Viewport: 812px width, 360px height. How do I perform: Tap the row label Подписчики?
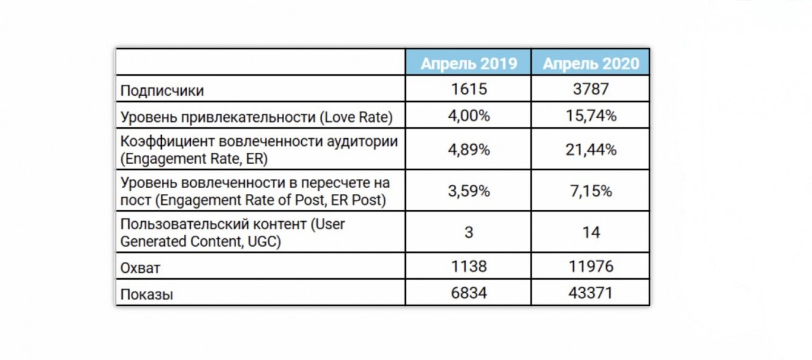click(x=162, y=91)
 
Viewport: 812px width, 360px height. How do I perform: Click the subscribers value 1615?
click(x=469, y=90)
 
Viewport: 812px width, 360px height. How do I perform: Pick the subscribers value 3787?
click(x=591, y=90)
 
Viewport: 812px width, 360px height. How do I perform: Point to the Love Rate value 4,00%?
click(x=469, y=116)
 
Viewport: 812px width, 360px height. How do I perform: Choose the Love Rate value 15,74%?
click(x=591, y=116)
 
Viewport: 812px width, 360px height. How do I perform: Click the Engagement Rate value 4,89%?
click(x=469, y=150)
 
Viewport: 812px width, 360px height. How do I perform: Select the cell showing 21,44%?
click(x=591, y=150)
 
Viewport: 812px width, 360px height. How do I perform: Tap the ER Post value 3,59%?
click(x=469, y=191)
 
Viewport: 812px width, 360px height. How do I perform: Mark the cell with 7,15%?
click(x=591, y=191)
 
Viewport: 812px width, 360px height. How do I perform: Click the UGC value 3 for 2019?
click(x=469, y=232)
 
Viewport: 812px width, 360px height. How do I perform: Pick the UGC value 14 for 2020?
click(x=591, y=232)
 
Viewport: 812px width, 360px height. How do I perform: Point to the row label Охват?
click(x=141, y=267)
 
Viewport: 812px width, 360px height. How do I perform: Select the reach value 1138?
click(x=469, y=266)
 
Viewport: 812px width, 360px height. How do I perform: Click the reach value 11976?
click(x=591, y=266)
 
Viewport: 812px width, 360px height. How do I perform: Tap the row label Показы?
click(x=147, y=295)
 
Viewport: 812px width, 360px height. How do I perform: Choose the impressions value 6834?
click(x=469, y=293)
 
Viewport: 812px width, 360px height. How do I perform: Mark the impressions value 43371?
click(x=591, y=293)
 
